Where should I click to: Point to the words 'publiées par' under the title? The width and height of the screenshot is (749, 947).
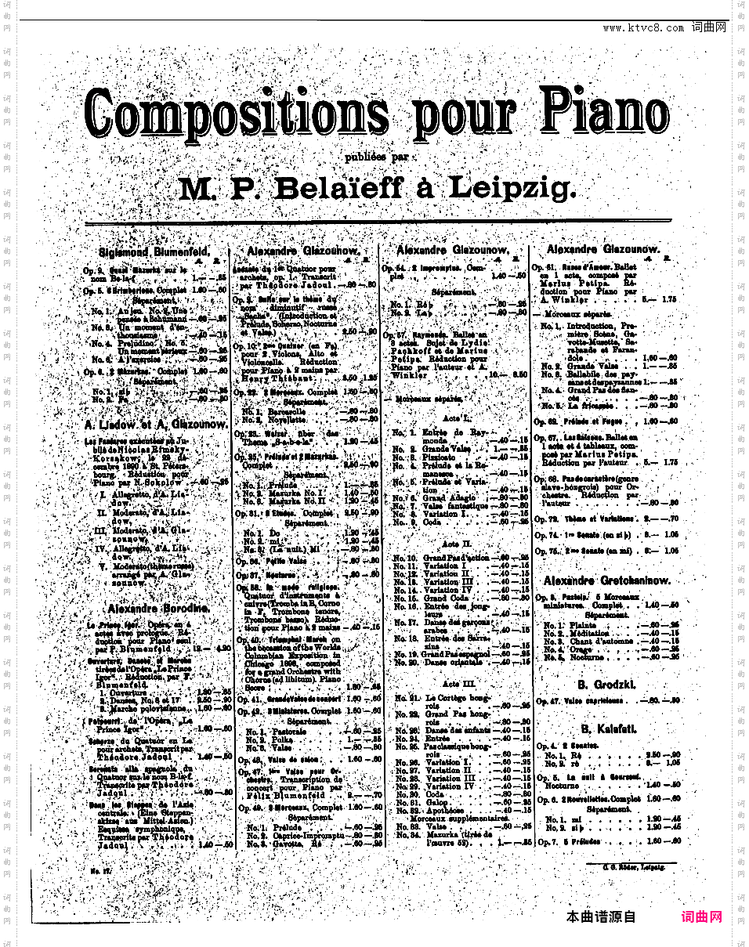point(377,155)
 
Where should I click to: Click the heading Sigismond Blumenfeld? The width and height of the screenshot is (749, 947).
point(154,251)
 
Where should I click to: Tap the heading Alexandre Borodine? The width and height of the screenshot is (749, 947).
point(158,608)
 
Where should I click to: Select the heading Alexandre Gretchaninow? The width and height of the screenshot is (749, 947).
point(606,580)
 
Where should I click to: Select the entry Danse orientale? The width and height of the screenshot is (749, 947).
point(454,662)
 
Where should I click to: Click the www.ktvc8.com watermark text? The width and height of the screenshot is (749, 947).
point(643,28)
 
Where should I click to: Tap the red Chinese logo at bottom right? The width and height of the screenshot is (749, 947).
point(701,916)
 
